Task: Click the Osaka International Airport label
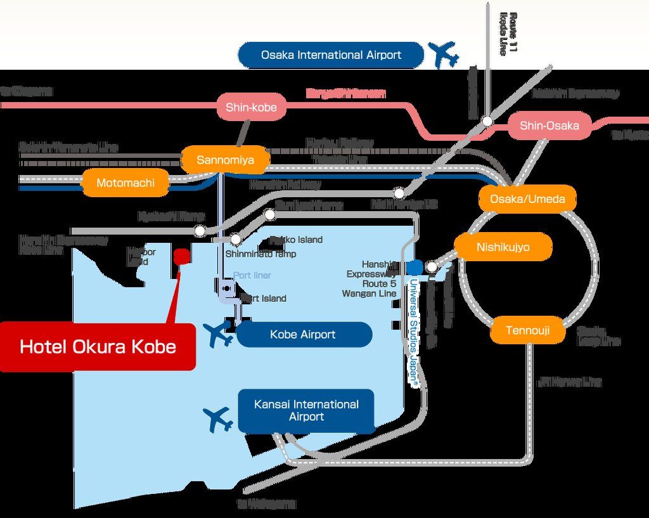tap(331, 55)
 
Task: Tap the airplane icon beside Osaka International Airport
tap(444, 55)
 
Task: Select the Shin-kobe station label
tap(251, 108)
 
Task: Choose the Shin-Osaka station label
tap(549, 126)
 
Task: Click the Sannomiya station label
tap(225, 160)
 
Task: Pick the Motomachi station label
tap(125, 183)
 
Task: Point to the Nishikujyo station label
tap(503, 247)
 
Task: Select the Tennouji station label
tap(527, 330)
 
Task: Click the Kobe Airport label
tap(304, 334)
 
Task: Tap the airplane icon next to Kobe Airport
tap(219, 333)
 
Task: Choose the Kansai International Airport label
tap(306, 410)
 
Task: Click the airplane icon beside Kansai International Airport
tap(219, 419)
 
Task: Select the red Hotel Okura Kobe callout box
tap(98, 347)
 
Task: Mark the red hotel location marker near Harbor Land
tap(182, 256)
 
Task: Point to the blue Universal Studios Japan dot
tap(415, 266)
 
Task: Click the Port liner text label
tap(252, 276)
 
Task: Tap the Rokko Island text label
tap(296, 240)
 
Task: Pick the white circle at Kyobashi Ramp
tap(200, 231)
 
